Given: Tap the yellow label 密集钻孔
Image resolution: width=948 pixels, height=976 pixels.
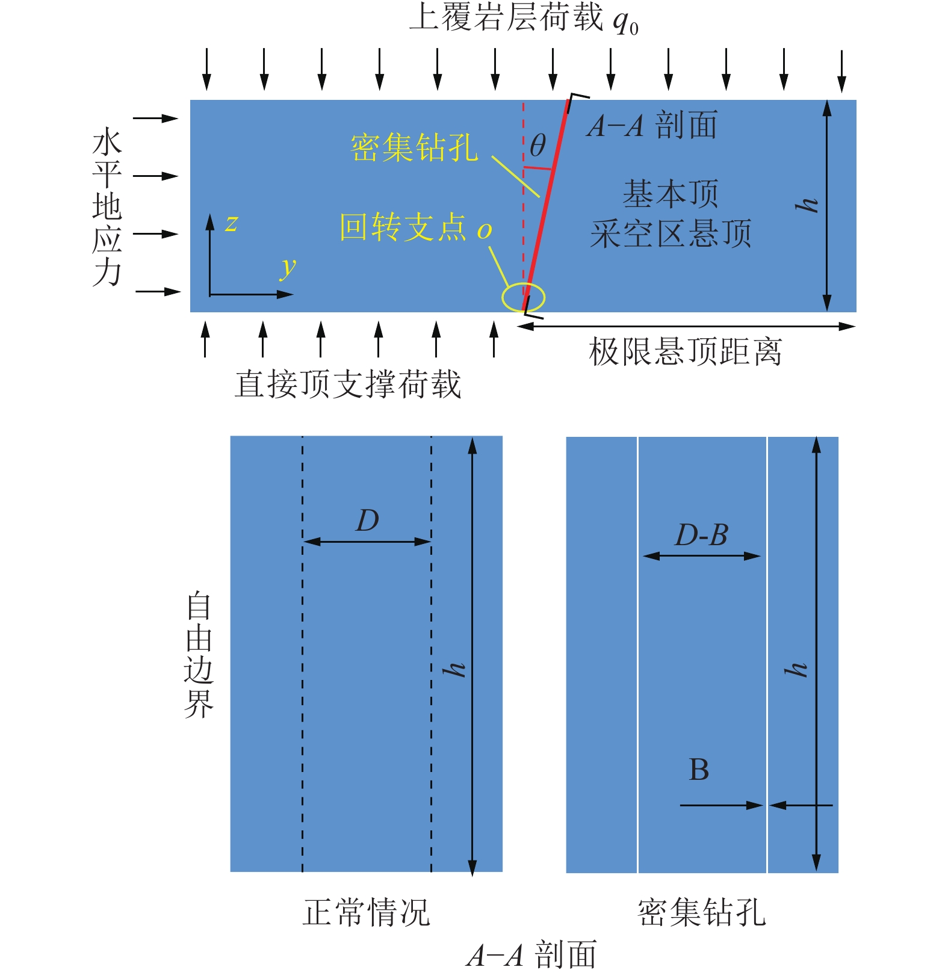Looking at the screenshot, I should point(414,147).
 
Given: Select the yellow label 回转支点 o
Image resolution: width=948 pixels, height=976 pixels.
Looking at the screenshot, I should point(415,228).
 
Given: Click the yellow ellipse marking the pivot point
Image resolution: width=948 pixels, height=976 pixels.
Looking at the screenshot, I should point(524,297).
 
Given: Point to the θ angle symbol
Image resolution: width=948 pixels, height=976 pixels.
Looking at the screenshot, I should point(538,146).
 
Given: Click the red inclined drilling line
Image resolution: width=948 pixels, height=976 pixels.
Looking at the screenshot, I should point(545,205).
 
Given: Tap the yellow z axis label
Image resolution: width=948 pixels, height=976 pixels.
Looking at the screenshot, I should point(231,223).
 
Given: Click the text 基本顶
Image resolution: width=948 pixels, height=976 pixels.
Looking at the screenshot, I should point(670,194).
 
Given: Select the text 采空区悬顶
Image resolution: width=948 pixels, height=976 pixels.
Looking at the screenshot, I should point(671,233).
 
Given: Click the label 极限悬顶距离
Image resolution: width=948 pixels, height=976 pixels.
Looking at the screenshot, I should point(685,352).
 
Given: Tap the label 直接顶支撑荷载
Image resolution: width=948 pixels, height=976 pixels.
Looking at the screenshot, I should point(347,384).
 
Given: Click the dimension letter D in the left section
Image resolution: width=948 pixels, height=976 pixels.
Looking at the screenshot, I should point(367,520).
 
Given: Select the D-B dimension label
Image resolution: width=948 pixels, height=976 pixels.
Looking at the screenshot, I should point(701,535).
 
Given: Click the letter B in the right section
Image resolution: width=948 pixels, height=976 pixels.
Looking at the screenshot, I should point(699,770).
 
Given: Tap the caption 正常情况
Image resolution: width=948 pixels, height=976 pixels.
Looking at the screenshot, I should point(366,912).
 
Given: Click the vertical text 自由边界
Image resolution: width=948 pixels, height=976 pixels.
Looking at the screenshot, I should point(199,655).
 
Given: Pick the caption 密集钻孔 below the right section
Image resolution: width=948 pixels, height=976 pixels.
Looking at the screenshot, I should point(701,912).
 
